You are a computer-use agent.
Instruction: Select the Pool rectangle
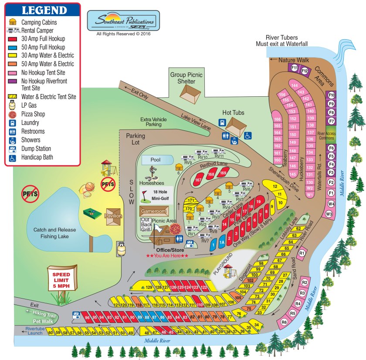pos(156,160)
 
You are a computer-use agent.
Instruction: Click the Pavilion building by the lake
pos(112,216)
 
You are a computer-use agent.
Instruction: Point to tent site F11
pos(295,68)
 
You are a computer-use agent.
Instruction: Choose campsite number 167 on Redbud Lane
pos(199,180)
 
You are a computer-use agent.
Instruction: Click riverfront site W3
pos(329,214)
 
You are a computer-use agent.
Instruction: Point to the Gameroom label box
pos(153,212)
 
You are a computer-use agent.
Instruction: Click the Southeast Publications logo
pos(123,20)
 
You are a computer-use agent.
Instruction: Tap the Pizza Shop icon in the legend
pos(13,115)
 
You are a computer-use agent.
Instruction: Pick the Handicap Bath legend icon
pos(13,157)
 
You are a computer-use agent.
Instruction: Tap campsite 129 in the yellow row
pos(149,287)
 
